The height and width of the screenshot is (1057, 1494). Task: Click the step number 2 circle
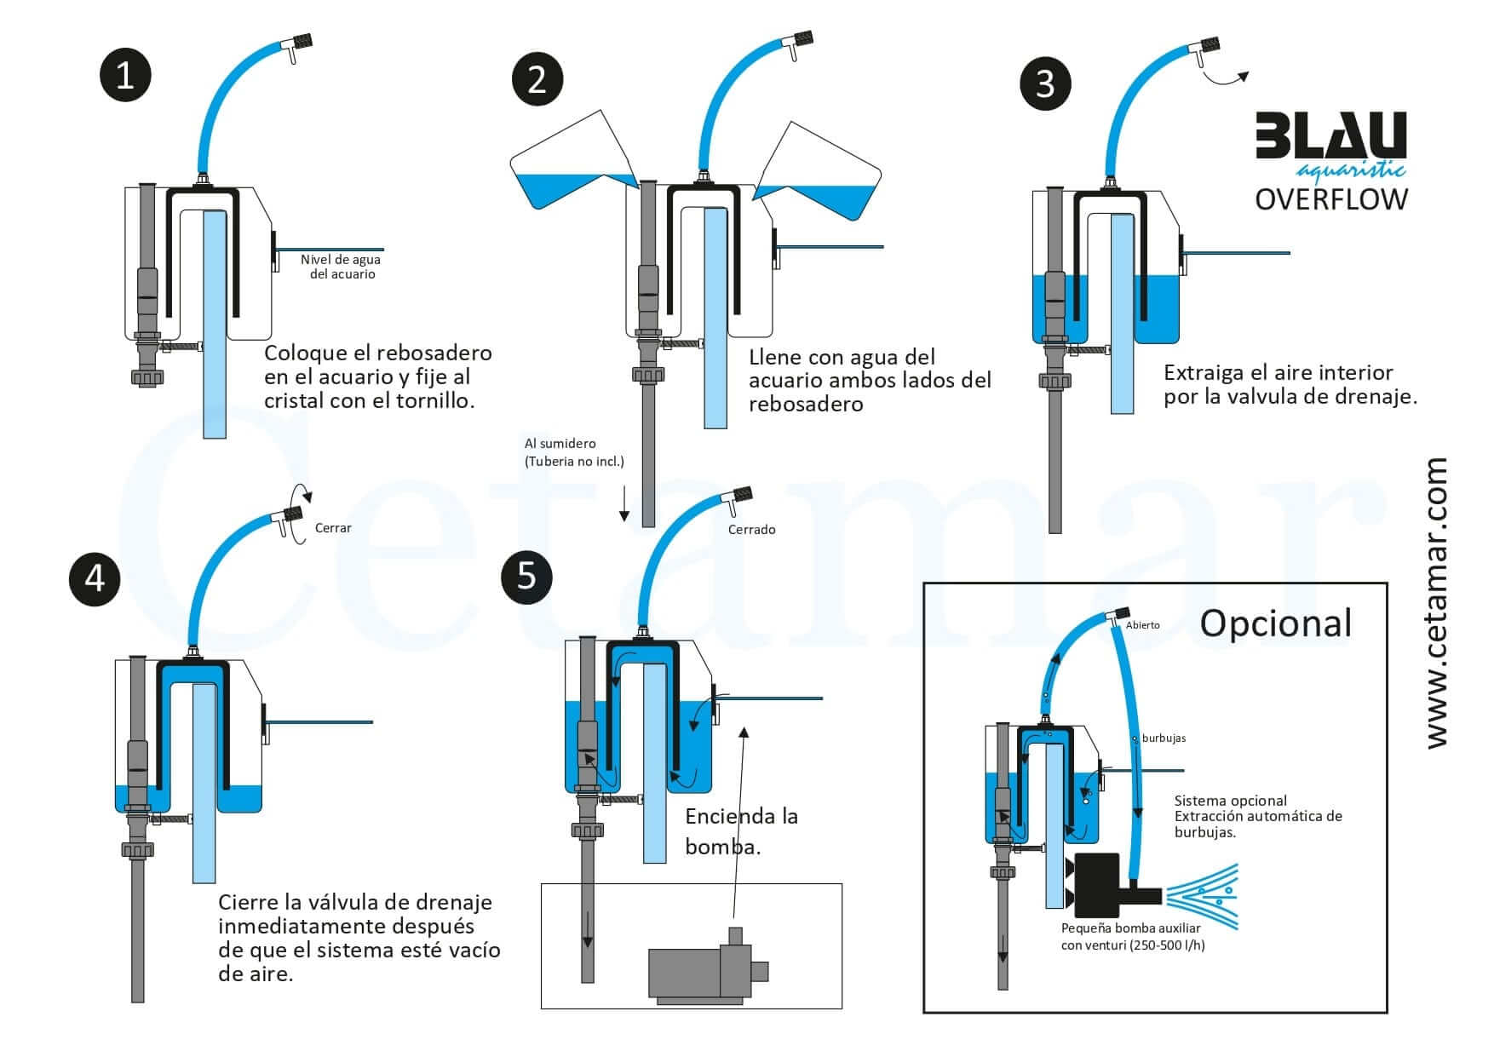[x=537, y=80]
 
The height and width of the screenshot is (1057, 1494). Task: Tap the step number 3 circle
[x=1045, y=83]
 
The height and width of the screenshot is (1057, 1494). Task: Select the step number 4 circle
[x=95, y=578]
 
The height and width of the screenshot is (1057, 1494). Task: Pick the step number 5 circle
[x=526, y=577]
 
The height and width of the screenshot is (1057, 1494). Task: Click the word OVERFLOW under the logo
[x=1331, y=199]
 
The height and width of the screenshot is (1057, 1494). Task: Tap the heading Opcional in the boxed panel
[x=1275, y=623]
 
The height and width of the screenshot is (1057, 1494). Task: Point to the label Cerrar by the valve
[x=333, y=528]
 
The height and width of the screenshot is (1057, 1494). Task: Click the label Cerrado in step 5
[x=751, y=530]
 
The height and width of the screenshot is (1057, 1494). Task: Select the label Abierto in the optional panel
[x=1142, y=625]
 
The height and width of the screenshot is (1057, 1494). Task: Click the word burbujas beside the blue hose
[x=1164, y=738]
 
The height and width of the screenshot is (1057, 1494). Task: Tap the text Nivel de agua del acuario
[x=341, y=267]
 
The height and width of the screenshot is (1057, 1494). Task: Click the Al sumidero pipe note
[x=574, y=452]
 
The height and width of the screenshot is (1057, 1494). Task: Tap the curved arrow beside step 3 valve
[x=1227, y=78]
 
